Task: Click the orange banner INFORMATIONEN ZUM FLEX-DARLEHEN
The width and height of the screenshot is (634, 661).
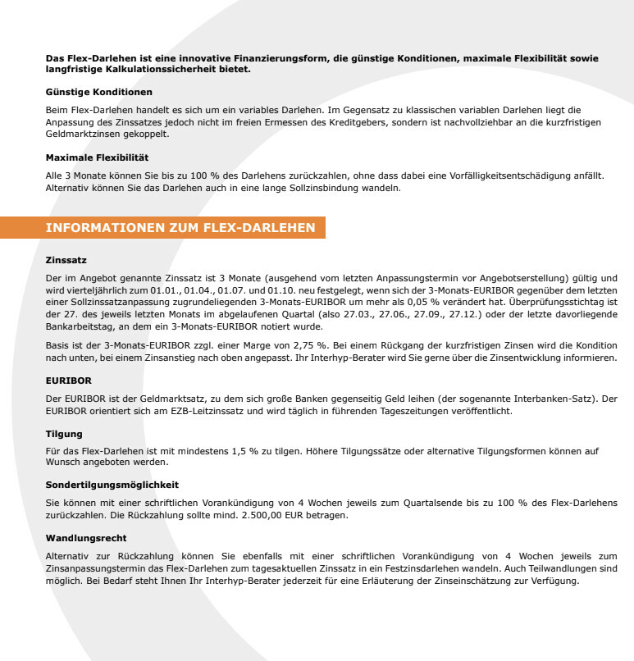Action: tap(180, 227)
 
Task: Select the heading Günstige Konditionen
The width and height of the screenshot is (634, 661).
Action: tap(98, 91)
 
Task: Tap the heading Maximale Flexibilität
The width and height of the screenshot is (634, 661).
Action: tap(97, 157)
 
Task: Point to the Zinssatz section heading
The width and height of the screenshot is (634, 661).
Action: tap(66, 259)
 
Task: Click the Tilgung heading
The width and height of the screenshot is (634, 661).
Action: tap(64, 433)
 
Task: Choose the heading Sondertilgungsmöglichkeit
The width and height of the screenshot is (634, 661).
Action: tap(112, 485)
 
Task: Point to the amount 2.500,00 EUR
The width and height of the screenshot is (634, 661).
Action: tap(315, 515)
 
